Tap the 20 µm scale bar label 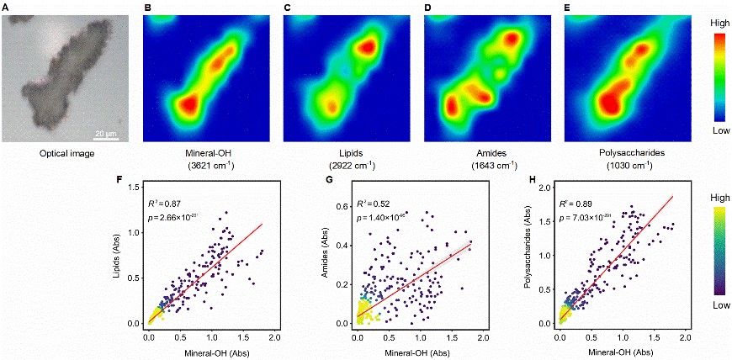105,132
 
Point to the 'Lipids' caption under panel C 346,155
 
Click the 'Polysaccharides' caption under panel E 627,155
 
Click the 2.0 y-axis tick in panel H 545,188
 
